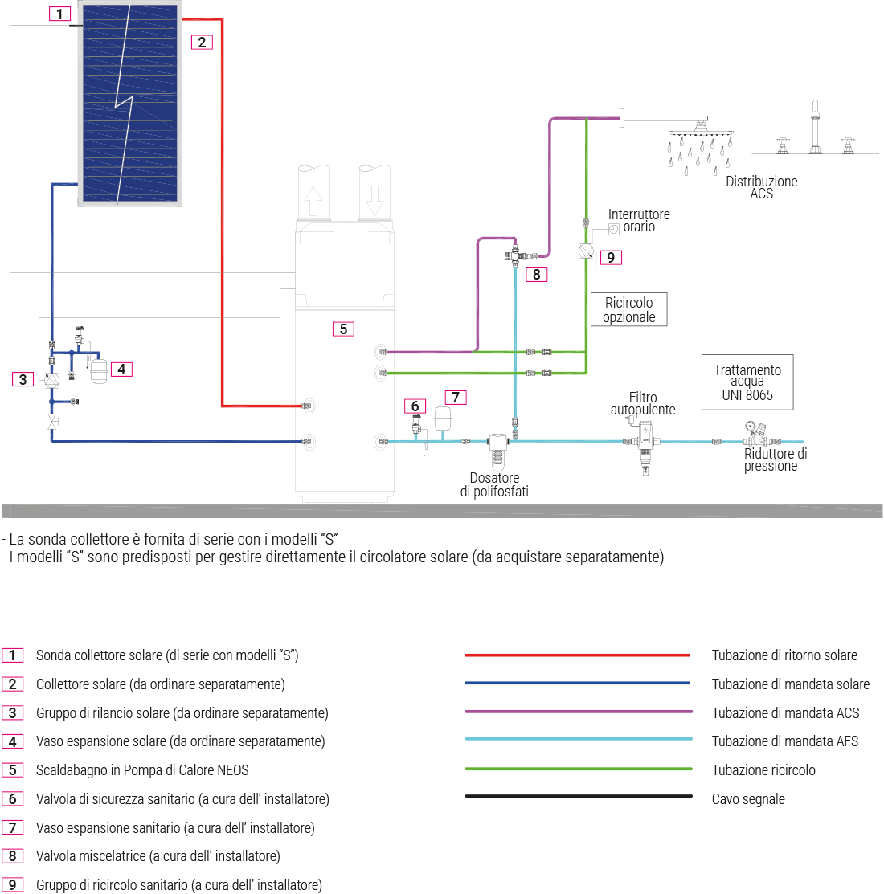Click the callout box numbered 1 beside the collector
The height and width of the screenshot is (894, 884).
60,14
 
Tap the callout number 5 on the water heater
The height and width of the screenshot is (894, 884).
343,329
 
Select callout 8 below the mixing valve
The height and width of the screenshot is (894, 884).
535,275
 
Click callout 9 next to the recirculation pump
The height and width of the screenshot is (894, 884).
611,257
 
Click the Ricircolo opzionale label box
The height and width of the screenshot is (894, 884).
629,310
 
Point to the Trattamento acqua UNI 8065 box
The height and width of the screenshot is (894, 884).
747,382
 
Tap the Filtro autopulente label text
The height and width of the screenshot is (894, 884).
643,403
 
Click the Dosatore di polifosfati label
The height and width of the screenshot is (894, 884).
494,484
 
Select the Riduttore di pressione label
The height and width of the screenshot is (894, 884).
774,459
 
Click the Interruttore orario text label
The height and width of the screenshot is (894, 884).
639,220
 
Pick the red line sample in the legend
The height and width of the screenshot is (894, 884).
577,655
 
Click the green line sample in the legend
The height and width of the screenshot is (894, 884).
577,769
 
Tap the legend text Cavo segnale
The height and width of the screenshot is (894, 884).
748,799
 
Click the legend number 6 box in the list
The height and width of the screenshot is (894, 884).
13,799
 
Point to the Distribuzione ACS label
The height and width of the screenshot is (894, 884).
761,187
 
